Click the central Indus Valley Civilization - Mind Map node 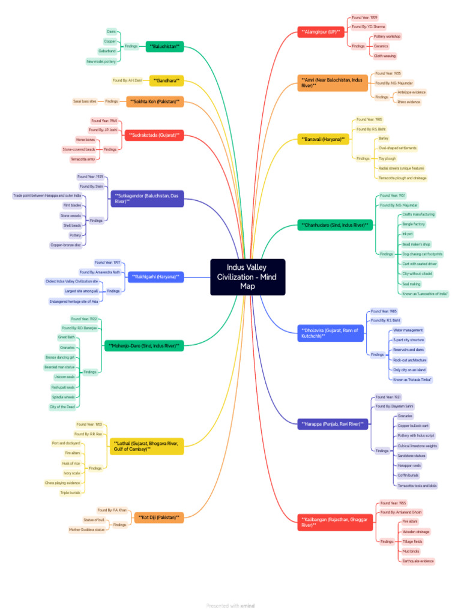click(x=247, y=276)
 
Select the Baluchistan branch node click(x=164, y=46)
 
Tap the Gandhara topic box click(x=166, y=80)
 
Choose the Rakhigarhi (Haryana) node click(x=155, y=276)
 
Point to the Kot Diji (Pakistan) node click(x=159, y=517)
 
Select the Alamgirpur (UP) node click(x=321, y=31)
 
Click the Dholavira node click(x=331, y=333)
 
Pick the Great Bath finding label click(x=67, y=338)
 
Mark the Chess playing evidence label click(x=62, y=483)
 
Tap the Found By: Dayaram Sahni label click(x=394, y=407)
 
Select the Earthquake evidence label click(x=418, y=561)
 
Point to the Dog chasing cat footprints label click(x=421, y=254)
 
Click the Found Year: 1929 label click(x=90, y=177)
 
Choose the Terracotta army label click(x=82, y=159)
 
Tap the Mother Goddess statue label click(x=87, y=529)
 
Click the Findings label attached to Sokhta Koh click(x=112, y=101)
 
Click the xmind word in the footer click(x=247, y=606)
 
